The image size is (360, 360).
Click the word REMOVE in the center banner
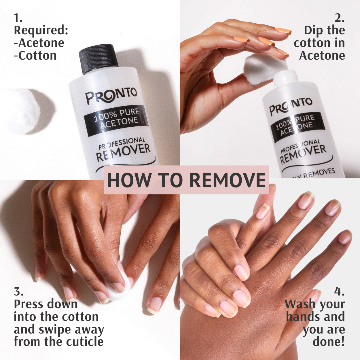point(227,180)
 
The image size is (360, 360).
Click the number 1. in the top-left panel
point(18,18)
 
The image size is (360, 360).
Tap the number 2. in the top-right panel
point(339,18)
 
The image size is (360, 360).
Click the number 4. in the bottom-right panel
point(339,291)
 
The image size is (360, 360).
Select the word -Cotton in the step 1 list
point(35,56)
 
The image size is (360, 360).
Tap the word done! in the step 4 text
point(328,342)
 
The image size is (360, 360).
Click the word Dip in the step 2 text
point(314,30)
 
